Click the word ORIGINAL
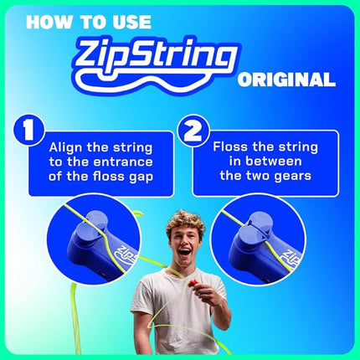(286, 80)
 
